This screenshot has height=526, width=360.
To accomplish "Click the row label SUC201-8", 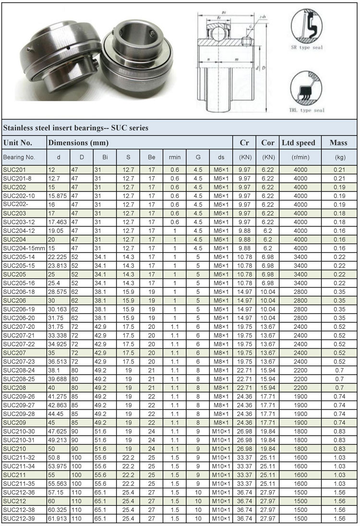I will pyautogui.click(x=15, y=178).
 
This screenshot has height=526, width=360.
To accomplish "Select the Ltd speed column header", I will pyautogui.click(x=299, y=143).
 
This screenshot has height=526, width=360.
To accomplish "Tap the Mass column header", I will pyautogui.click(x=339, y=143).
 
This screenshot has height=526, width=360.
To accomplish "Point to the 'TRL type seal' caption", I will pyautogui.click(x=307, y=110).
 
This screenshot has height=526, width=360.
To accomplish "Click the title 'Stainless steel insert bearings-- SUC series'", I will pyautogui.click(x=76, y=128).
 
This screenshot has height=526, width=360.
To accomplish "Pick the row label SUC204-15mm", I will pyautogui.click(x=24, y=248).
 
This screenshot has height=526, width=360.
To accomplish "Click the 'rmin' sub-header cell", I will pyautogui.click(x=175, y=157).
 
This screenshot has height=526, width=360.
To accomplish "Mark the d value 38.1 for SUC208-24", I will pyautogui.click(x=55, y=370).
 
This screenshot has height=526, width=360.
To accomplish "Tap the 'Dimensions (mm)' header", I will pyautogui.click(x=78, y=143).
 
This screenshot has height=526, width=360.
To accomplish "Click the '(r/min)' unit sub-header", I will pyautogui.click(x=299, y=157).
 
